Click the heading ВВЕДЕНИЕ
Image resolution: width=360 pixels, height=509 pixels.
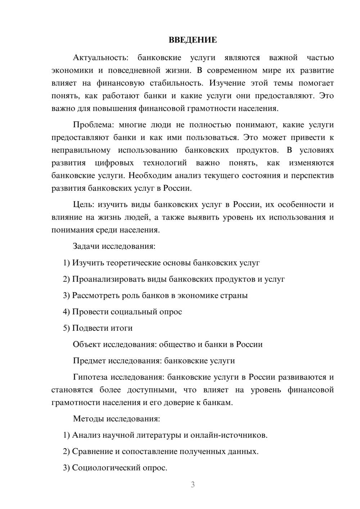point(193,40)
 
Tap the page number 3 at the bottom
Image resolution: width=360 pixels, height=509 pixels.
point(193,485)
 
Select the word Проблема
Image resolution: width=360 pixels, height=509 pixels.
point(93,125)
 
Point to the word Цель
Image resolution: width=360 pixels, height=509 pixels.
point(83,205)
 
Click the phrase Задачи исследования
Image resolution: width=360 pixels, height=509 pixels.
point(114,247)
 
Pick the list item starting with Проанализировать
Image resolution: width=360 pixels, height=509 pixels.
point(174,279)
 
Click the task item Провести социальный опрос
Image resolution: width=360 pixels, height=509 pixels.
point(122,312)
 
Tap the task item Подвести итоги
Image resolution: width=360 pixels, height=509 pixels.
point(98,328)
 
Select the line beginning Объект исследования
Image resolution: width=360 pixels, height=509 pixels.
point(167,344)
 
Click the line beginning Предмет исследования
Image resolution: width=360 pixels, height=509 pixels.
point(154,361)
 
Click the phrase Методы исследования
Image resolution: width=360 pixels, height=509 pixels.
point(116,419)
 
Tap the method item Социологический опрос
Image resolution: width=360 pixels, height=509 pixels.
point(115,468)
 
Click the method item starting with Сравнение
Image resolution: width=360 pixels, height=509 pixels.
point(161,451)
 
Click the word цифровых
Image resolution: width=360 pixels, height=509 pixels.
point(114,163)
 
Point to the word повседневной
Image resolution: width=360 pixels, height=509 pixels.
point(131,71)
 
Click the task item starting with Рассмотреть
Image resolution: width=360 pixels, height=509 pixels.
point(155,296)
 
